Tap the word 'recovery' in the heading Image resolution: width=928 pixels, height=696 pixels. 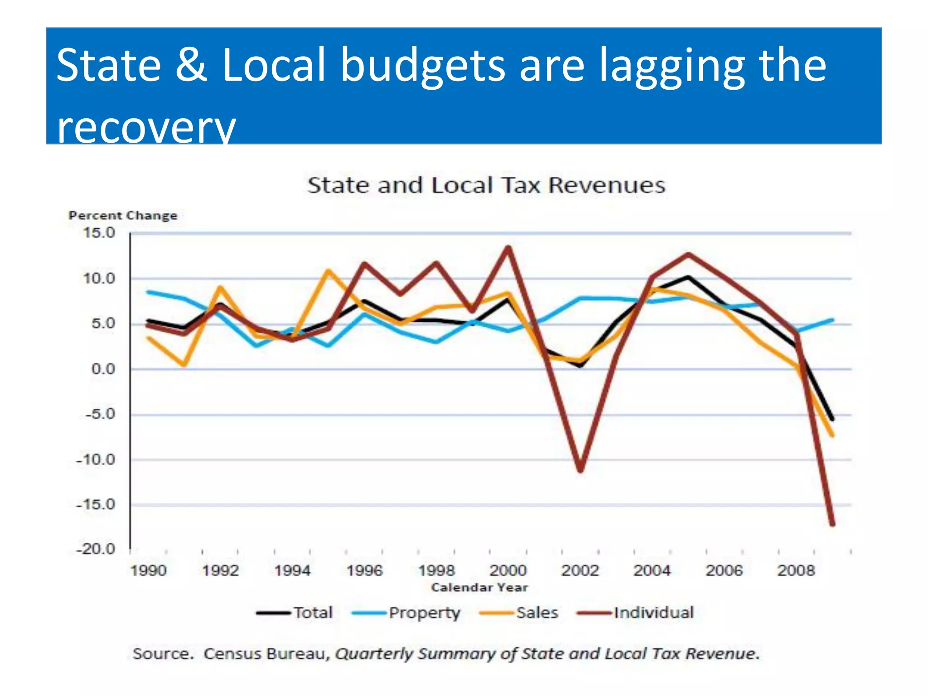pyautogui.click(x=146, y=127)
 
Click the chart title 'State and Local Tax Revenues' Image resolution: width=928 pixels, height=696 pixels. pyautogui.click(x=486, y=185)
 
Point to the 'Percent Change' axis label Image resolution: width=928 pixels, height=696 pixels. pyautogui.click(x=123, y=216)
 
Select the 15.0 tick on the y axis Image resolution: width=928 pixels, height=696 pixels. pyautogui.click(x=99, y=233)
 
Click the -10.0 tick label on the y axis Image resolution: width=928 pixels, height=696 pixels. pyautogui.click(x=96, y=460)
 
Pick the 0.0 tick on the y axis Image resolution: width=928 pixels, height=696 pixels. pyautogui.click(x=103, y=369)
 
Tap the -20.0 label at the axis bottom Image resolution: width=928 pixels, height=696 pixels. pyautogui.click(x=96, y=549)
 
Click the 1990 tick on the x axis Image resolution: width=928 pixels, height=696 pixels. pyautogui.click(x=149, y=570)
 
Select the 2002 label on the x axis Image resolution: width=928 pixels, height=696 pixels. pyautogui.click(x=580, y=570)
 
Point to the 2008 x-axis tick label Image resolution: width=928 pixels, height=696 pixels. pyautogui.click(x=796, y=570)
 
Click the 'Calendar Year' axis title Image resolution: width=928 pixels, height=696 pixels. pyautogui.click(x=479, y=588)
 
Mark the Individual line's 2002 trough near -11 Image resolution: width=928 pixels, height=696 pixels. pyautogui.click(x=580, y=470)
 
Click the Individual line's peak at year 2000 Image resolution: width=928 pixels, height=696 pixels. pyautogui.click(x=508, y=248)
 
